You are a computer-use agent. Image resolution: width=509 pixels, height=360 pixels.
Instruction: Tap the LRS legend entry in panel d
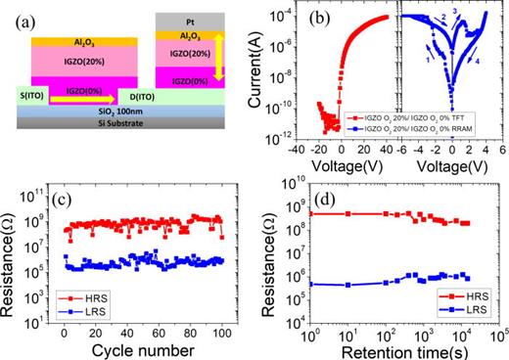454,308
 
